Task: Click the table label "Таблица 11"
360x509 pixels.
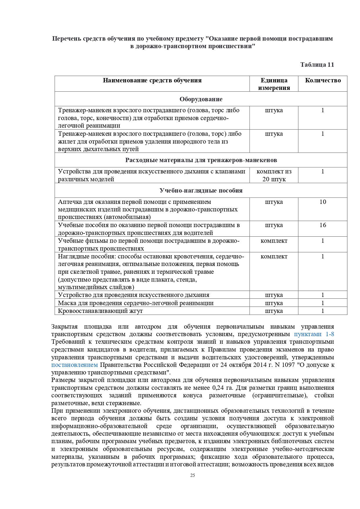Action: click(x=317, y=65)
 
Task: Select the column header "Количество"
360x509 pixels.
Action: click(x=323, y=80)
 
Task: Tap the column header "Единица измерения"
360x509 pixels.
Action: click(x=274, y=84)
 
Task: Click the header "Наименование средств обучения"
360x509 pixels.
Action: click(x=152, y=80)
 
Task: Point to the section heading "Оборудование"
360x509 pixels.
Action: click(x=201, y=99)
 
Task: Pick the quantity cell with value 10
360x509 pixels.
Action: click(x=323, y=202)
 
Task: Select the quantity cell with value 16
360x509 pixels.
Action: click(x=323, y=225)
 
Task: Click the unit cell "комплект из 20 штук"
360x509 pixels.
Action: click(x=274, y=175)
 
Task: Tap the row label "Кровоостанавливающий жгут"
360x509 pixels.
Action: click(x=100, y=311)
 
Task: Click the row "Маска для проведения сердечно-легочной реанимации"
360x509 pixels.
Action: click(x=136, y=303)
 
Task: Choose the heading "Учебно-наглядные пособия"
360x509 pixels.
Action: click(x=201, y=191)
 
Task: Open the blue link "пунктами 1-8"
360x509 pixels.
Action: click(x=314, y=334)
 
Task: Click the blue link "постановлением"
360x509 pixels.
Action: click(x=75, y=365)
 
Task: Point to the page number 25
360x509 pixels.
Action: click(x=192, y=475)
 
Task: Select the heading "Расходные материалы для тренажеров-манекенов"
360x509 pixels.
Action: click(x=201, y=160)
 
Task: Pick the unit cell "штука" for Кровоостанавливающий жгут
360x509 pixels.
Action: click(x=274, y=311)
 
